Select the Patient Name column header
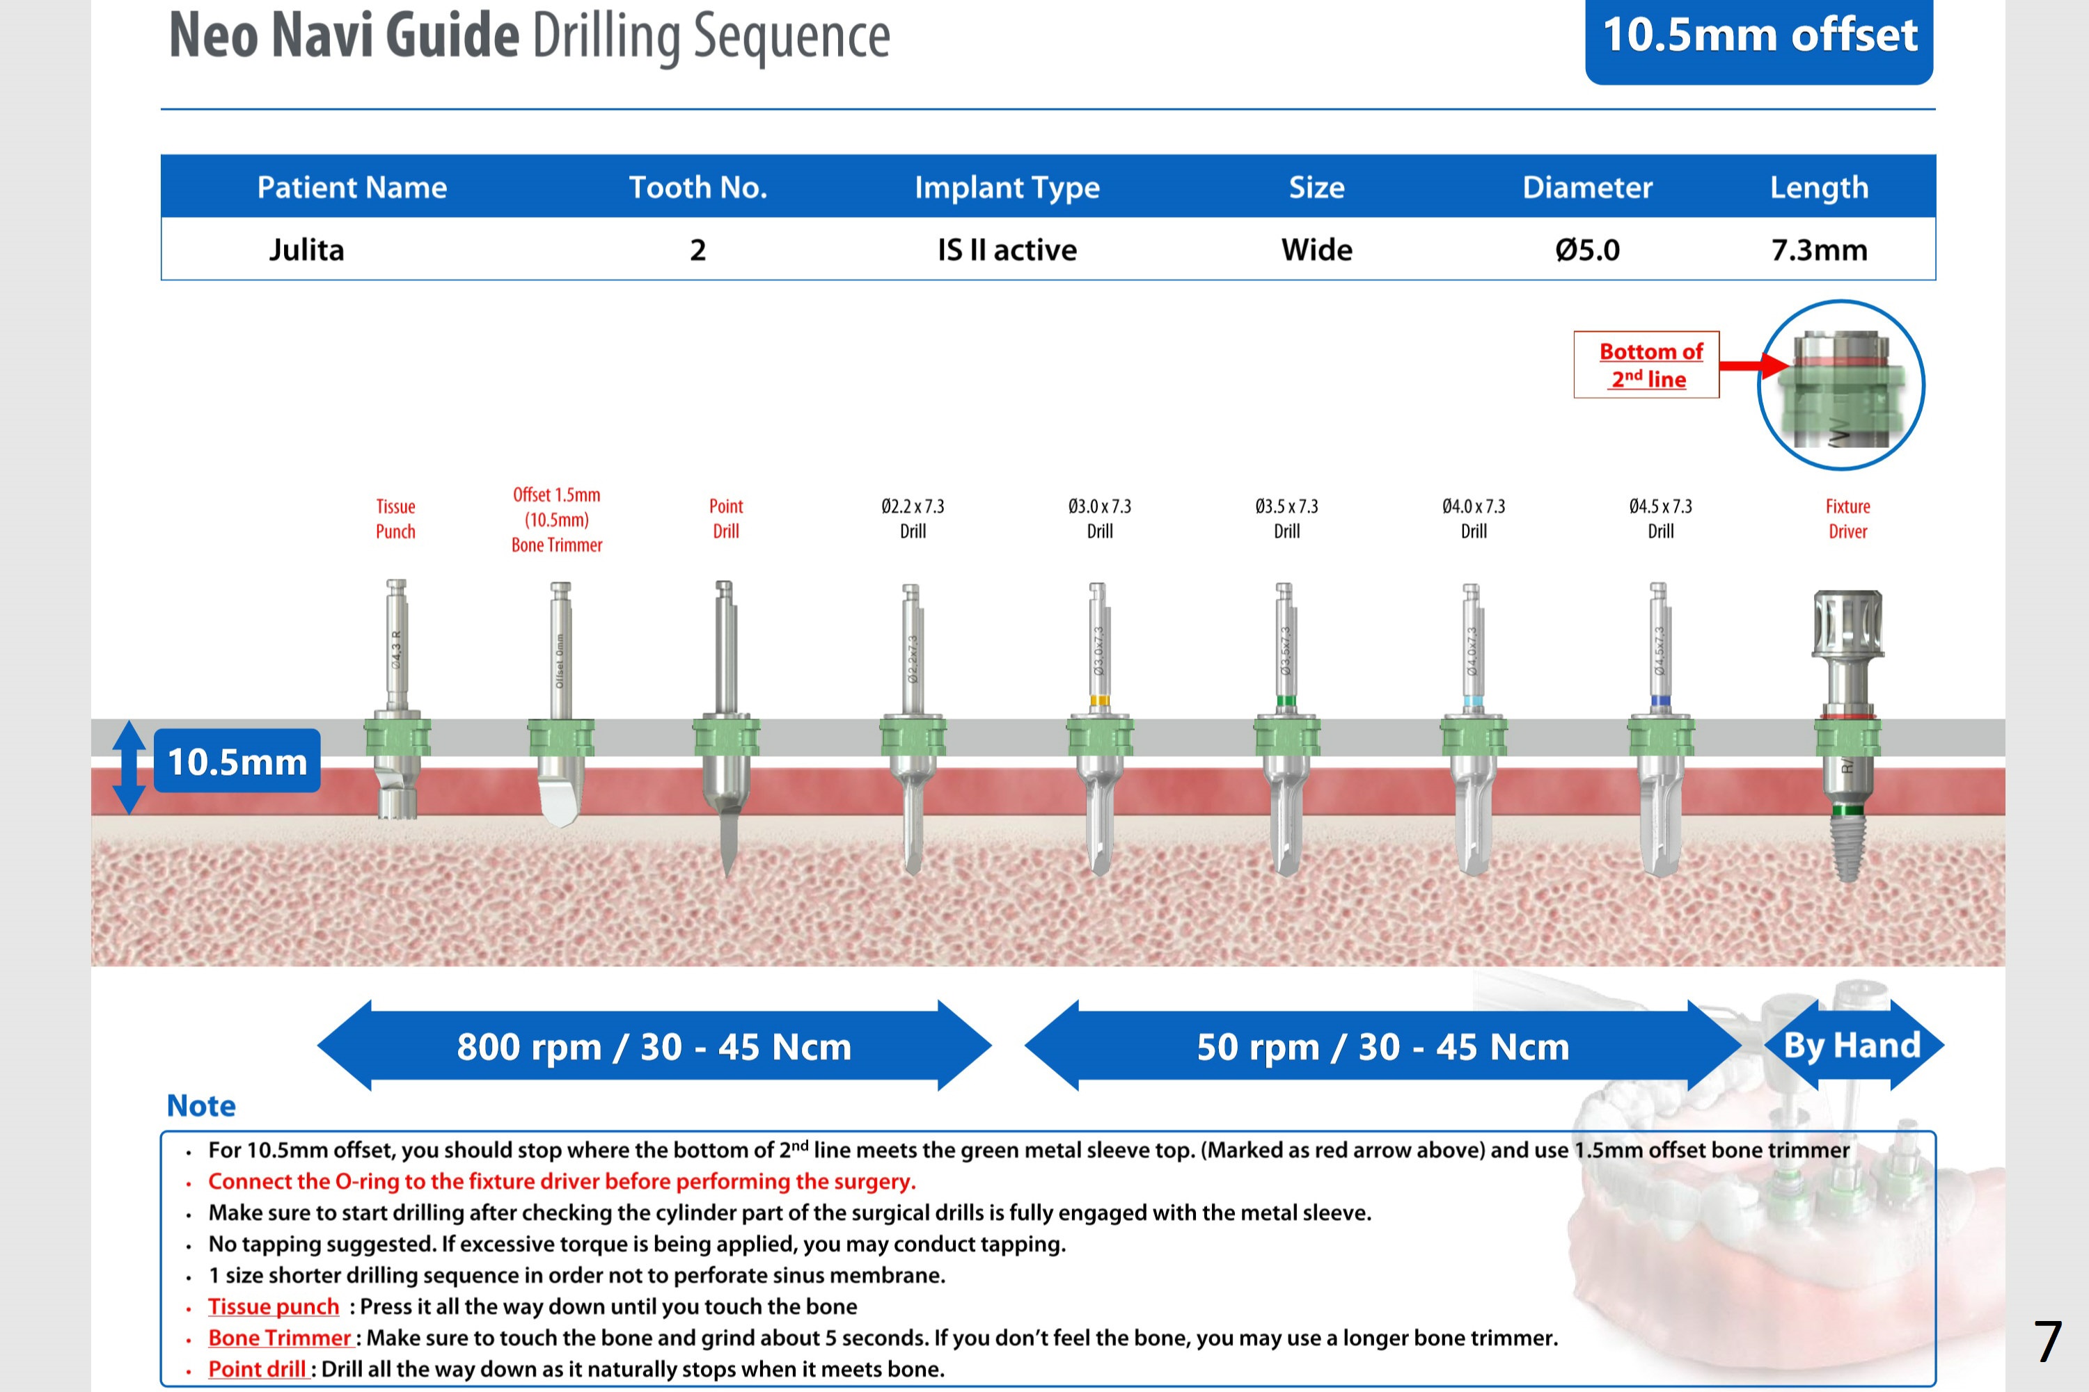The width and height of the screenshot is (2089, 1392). (352, 187)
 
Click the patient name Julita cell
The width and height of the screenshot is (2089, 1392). (306, 250)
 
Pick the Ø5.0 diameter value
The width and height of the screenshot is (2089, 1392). (1587, 250)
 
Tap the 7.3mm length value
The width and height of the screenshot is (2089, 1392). (1819, 250)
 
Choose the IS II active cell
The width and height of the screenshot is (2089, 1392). (1007, 250)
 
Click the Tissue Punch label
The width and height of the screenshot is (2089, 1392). (395, 518)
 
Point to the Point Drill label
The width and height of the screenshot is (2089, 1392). (725, 518)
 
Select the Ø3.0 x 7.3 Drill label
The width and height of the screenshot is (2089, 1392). (1100, 518)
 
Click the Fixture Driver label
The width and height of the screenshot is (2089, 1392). (1847, 518)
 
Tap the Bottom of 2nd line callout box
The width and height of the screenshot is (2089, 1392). (1647, 365)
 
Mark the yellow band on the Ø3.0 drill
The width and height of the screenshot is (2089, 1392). (1098, 701)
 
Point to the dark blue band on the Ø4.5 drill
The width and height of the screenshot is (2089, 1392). (1659, 701)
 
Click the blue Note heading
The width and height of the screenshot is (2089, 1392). (202, 1105)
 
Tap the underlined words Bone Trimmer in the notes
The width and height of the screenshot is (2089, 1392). (280, 1338)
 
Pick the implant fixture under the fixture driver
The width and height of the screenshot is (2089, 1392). (1847, 848)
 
